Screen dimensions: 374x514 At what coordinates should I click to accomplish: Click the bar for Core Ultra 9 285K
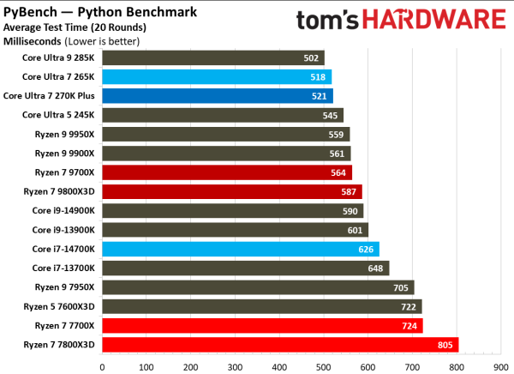point(213,58)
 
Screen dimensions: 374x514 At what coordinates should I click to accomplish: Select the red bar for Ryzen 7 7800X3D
point(280,345)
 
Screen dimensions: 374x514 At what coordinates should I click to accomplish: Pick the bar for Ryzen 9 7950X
point(258,287)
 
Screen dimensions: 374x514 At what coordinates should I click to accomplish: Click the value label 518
point(316,77)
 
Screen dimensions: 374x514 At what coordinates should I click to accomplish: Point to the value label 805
point(444,345)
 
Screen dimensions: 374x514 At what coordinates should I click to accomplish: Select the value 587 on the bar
point(347,192)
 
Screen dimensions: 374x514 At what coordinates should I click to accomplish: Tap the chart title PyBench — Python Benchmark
point(105,11)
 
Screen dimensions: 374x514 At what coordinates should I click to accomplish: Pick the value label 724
point(408,326)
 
